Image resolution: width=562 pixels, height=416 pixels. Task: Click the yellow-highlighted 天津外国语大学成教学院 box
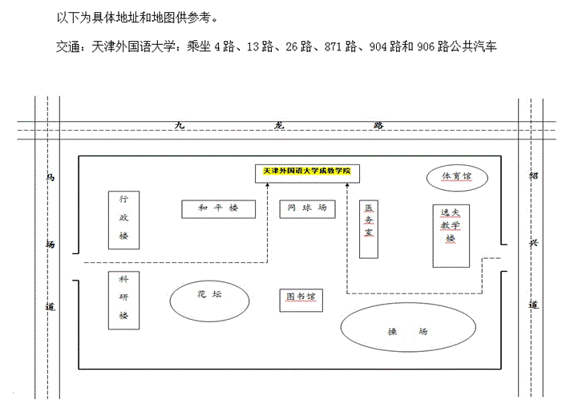point(307,173)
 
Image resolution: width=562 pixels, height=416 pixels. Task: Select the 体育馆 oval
point(457,177)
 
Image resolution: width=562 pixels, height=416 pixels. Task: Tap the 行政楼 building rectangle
point(123,220)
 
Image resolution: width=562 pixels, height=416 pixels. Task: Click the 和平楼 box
point(219,209)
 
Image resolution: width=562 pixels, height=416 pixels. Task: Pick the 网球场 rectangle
point(308,209)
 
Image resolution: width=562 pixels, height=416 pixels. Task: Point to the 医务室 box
point(369,229)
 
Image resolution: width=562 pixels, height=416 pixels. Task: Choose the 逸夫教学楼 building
point(451,236)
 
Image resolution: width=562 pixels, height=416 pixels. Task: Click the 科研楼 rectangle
point(123,301)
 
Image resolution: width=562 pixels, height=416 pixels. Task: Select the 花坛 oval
point(209,301)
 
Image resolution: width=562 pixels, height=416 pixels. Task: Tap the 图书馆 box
point(301,301)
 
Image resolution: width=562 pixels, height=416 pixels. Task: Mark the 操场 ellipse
point(408,327)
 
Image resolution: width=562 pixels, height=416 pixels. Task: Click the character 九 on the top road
point(180,125)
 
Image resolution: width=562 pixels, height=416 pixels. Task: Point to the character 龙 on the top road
point(279,125)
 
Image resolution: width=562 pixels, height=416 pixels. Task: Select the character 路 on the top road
point(378,125)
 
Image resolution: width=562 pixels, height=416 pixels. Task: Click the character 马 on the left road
point(51,177)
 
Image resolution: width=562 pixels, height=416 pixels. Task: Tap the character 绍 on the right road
point(534,176)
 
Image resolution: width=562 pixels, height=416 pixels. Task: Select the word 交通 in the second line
point(67,46)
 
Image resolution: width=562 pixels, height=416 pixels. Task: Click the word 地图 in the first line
point(163,17)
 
